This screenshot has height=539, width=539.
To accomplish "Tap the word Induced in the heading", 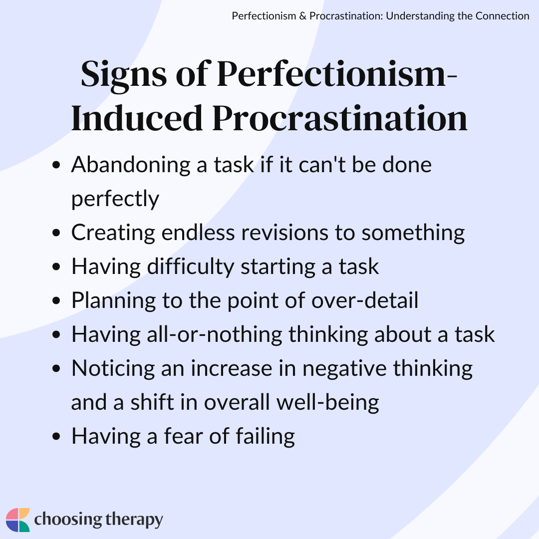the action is pos(137,118).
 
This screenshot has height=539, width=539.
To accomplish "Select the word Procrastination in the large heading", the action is pos(340,118).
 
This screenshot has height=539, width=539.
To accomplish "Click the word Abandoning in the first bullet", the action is pos(131,165).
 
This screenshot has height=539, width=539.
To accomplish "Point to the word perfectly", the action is pos(115,199).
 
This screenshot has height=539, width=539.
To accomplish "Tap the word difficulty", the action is pos(191,267).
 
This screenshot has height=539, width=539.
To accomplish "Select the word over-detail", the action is pos(365,300).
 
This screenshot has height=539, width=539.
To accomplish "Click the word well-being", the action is pos(327,403).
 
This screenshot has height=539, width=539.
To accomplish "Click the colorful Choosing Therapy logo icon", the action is pos(18,520).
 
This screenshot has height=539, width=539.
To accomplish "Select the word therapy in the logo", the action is pos(134,520).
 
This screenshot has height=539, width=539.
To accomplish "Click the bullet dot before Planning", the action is pos(56,301).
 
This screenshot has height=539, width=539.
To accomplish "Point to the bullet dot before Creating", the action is pos(56,233).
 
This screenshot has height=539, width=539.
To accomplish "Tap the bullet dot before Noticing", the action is pos(56,369).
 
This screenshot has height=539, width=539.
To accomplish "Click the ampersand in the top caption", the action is pos(303,16).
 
